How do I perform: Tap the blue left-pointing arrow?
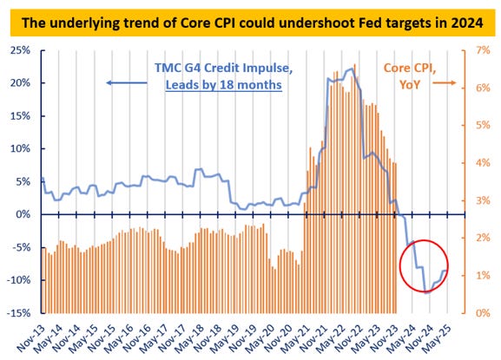coord(122,82)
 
